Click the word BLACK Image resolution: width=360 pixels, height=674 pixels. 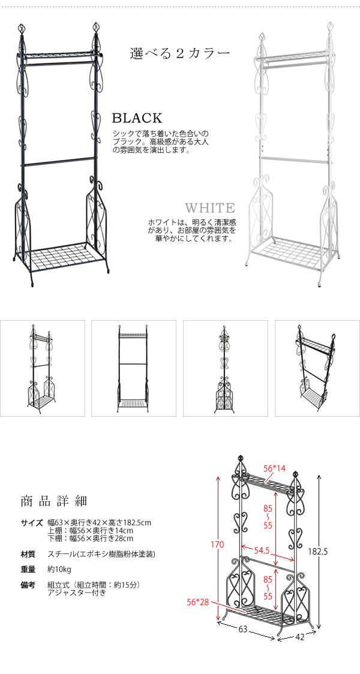tap(137, 118)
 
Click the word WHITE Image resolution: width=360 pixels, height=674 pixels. tap(210, 208)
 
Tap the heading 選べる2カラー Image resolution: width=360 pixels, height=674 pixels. tap(180, 53)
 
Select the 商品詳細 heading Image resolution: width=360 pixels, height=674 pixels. tap(54, 501)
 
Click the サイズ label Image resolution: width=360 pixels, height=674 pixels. tap(32, 523)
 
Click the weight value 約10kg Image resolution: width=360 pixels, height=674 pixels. tap(59, 570)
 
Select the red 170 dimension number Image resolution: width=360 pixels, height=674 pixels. tap(217, 545)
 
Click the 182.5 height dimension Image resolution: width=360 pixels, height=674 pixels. tap(318, 552)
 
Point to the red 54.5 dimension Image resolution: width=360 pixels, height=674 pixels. tap(261, 550)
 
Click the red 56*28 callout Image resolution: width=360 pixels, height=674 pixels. tap(198, 602)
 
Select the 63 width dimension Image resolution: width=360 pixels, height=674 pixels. tap(242, 630)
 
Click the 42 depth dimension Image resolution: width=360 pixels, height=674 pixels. tap(299, 637)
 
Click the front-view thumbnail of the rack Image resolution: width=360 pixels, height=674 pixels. tap(134, 368)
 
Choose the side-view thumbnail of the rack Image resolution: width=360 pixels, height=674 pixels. tap(226, 368)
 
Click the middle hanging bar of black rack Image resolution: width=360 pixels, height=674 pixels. tap(59, 162)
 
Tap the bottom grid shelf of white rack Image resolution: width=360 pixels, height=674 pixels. tap(289, 254)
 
